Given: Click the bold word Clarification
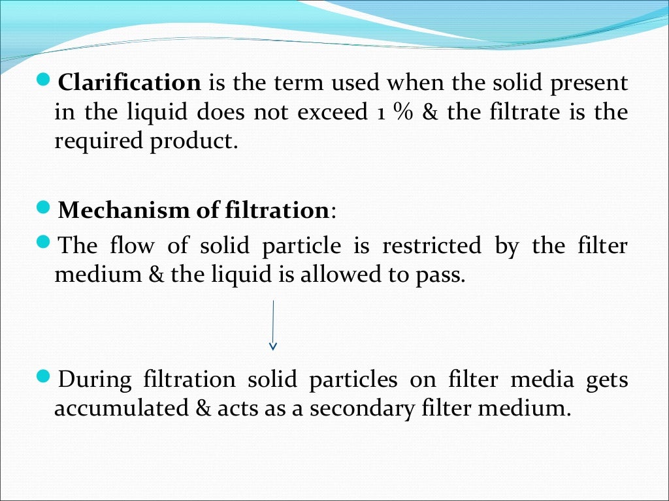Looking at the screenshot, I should click(129, 83).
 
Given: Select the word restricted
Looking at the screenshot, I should click(431, 246).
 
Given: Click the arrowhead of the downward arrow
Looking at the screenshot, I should click(273, 345).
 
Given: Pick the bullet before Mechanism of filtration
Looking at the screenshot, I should click(44, 209).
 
